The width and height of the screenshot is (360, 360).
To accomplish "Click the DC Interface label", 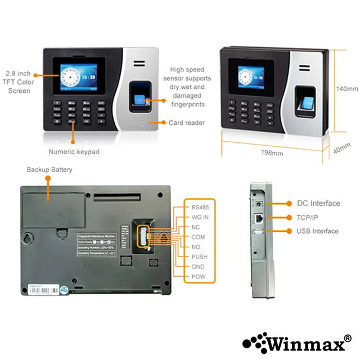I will click(x=318, y=203).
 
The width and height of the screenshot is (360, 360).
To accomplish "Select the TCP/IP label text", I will click(x=308, y=217).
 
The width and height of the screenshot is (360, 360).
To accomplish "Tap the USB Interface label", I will click(x=317, y=231).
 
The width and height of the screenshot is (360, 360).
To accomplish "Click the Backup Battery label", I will click(x=49, y=169).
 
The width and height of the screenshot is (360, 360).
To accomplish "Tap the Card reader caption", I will click(x=187, y=123).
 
